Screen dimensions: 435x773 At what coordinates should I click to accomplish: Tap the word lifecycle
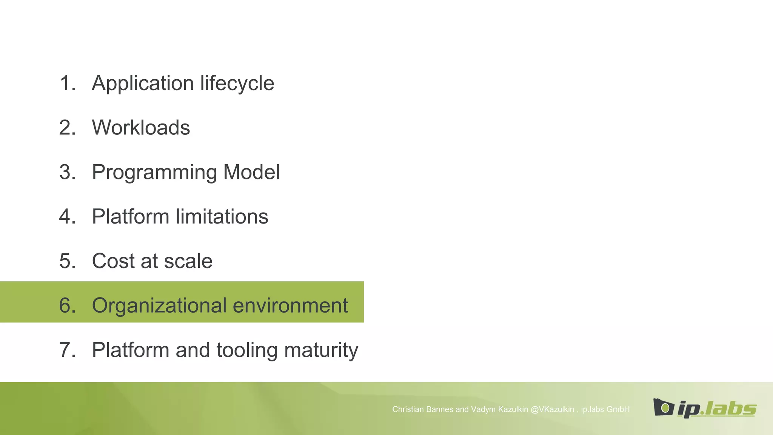pyautogui.click(x=237, y=83)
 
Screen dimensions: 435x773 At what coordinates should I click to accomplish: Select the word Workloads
pyautogui.click(x=141, y=128)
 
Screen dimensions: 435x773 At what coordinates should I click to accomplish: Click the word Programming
pyautogui.click(x=154, y=173)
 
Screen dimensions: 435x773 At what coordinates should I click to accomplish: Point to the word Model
pyautogui.click(x=251, y=172)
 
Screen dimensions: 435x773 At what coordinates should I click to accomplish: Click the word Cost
pyautogui.click(x=114, y=261)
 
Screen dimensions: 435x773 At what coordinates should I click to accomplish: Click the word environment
pyautogui.click(x=290, y=305)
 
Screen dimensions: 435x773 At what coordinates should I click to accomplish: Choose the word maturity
pyautogui.click(x=321, y=350)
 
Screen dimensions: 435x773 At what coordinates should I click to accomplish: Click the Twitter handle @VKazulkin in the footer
pyautogui.click(x=552, y=410)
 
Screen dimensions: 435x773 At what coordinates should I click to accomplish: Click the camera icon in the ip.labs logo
pyautogui.click(x=664, y=407)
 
